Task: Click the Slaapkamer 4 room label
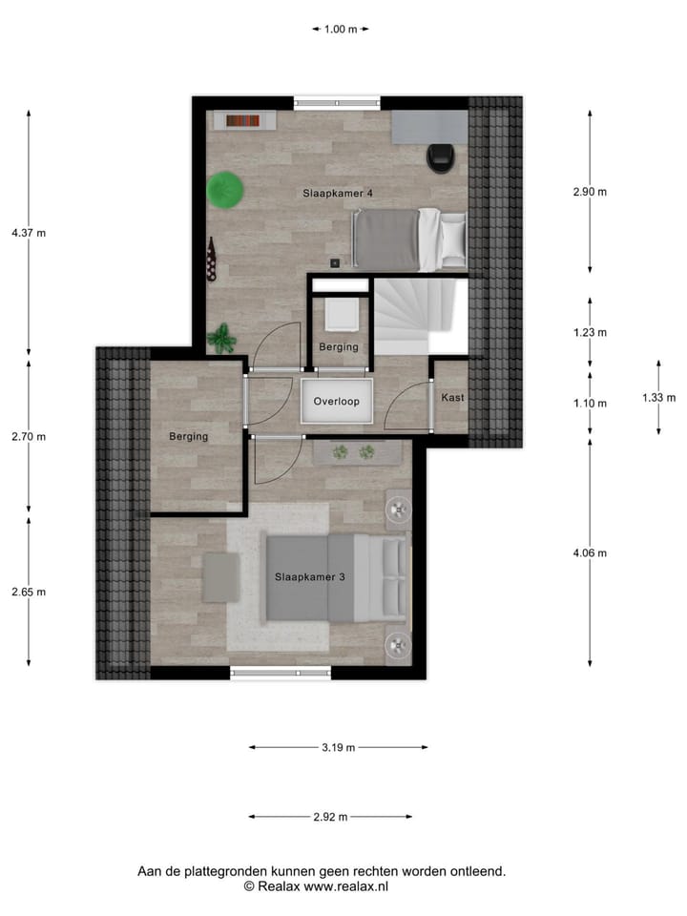[x=338, y=194]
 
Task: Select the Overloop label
[x=337, y=402]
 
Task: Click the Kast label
[x=451, y=396]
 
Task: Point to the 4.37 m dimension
[x=28, y=232]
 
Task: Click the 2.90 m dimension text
[x=590, y=192]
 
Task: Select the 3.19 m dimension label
[x=337, y=748]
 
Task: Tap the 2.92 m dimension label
[x=329, y=817]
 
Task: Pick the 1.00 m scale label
[x=341, y=30]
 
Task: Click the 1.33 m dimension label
[x=658, y=398]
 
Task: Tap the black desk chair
[x=441, y=158]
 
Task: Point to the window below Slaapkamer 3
[x=281, y=673]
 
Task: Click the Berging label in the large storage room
[x=189, y=436]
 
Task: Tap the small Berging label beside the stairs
[x=339, y=347]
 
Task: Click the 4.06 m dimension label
[x=590, y=553]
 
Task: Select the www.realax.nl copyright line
[x=316, y=886]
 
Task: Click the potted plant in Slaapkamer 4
[x=222, y=337]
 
